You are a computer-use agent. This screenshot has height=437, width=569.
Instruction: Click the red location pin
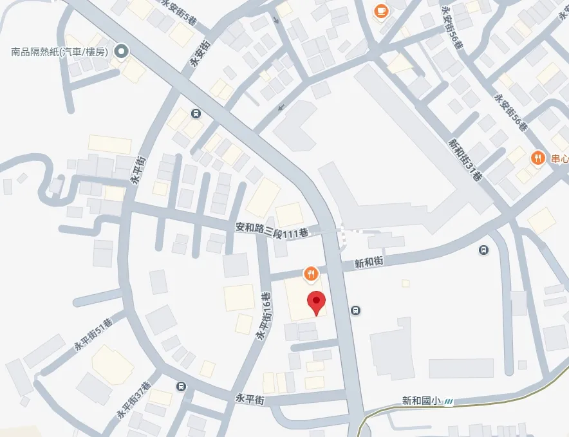[x=315, y=302]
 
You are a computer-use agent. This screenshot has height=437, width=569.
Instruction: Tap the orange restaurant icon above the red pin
[x=310, y=274]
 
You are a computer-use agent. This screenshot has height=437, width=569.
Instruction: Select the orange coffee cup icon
[x=381, y=10]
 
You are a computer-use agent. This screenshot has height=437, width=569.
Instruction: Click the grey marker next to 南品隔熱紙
[x=120, y=51]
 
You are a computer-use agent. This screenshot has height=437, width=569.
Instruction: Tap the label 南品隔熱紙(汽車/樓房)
[x=61, y=51]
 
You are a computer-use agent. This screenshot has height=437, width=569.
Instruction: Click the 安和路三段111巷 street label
[x=270, y=228]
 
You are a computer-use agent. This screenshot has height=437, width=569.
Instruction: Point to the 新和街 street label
[x=369, y=263]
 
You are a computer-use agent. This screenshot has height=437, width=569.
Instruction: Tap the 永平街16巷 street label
[x=264, y=316]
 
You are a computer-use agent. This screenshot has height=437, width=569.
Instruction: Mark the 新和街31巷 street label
[x=465, y=160]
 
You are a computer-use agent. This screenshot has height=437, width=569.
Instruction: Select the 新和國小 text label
[x=420, y=400]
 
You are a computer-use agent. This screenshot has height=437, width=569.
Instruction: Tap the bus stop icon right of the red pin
[x=355, y=311]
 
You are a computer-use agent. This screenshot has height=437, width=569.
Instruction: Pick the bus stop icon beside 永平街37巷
[x=182, y=386]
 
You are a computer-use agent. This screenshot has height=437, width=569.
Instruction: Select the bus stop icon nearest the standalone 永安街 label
[x=196, y=114]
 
